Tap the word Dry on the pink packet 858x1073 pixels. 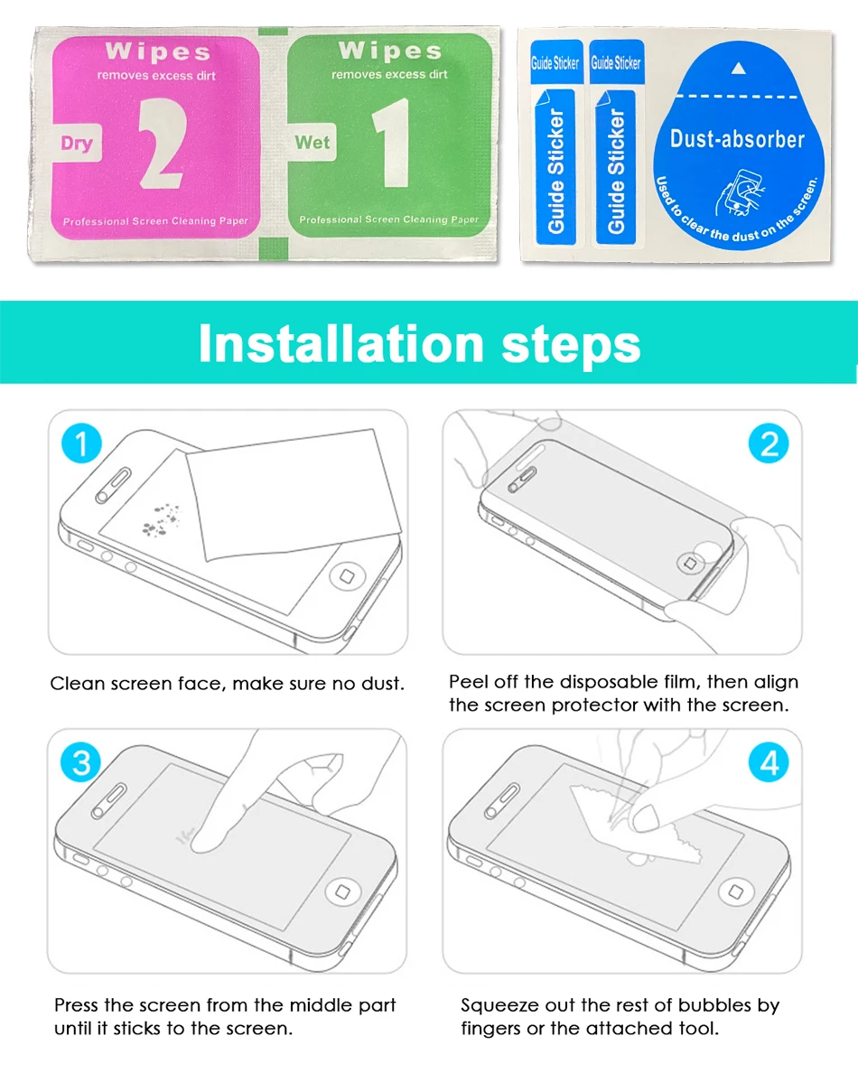coord(77,144)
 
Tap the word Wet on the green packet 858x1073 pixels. coord(312,143)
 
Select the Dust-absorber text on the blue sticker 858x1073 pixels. coord(737,139)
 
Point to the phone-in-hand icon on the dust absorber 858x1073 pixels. coord(737,191)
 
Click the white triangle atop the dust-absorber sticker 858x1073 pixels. coord(739,68)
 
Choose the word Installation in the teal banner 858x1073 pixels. coord(340,343)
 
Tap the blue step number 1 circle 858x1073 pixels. coord(81,444)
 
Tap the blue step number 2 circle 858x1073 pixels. coord(769,444)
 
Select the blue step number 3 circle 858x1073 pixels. coord(81,762)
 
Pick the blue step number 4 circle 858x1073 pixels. coord(769,763)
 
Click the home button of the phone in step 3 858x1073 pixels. coord(343,891)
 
